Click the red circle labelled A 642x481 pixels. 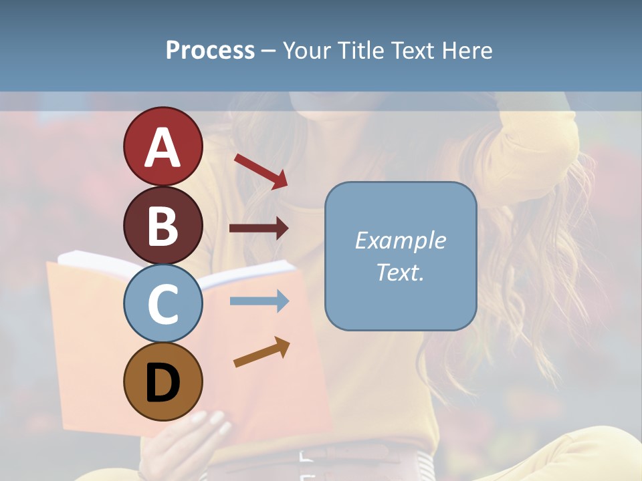pos(163,146)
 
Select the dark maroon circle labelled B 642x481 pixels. pos(163,225)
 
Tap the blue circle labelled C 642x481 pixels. pos(163,303)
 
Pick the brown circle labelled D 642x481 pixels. pos(163,381)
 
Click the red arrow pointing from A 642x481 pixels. pos(261,170)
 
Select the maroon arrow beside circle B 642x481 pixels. pos(259,228)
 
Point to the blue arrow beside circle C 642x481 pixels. pos(259,301)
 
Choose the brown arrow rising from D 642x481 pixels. pos(261,352)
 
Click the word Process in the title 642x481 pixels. pos(210,50)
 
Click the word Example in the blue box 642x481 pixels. pos(400,240)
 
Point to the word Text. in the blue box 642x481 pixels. pos(400,272)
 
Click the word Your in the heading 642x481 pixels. pos(307,50)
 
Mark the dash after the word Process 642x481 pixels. pos(268,51)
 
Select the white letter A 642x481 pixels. pos(163,148)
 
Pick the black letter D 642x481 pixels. pos(163,383)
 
